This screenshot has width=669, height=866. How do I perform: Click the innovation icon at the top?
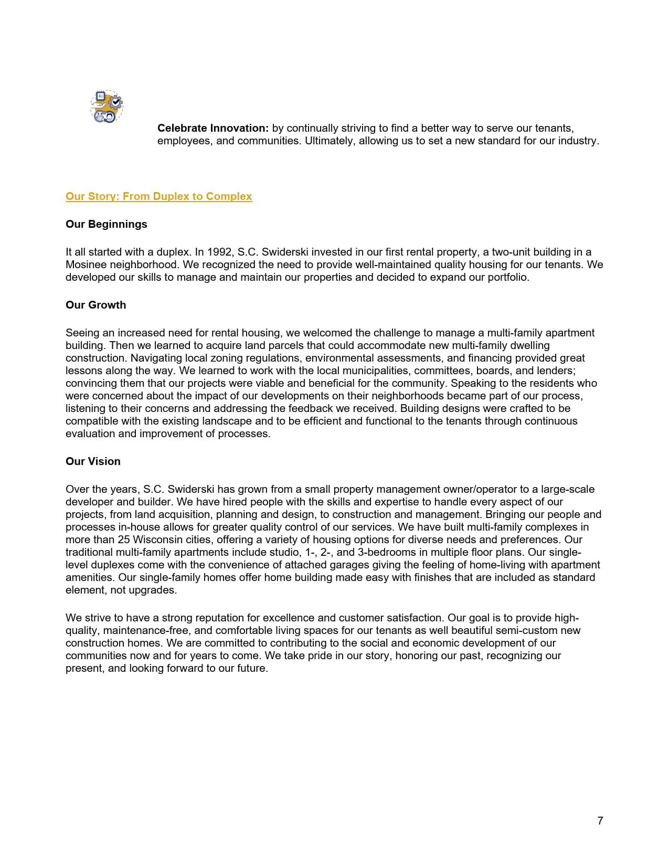tap(107, 107)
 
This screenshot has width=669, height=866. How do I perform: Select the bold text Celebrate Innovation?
tap(213, 128)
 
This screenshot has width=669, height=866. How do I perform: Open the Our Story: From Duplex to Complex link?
tap(158, 196)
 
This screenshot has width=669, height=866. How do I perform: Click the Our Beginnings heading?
tap(106, 224)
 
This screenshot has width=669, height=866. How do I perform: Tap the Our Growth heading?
tap(95, 305)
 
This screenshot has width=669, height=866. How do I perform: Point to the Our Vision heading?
tap(93, 461)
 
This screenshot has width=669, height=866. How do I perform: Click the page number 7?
tap(600, 821)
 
